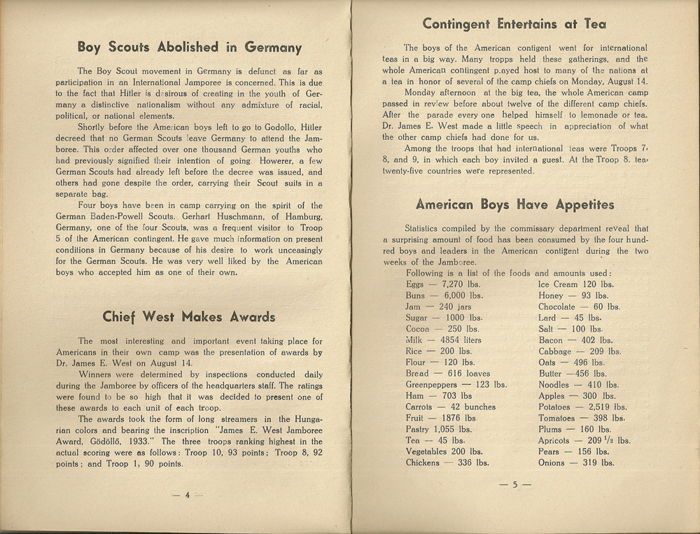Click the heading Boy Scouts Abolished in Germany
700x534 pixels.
tap(189, 48)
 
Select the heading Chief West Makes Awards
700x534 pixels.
tap(189, 316)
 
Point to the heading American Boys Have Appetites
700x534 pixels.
tap(514, 205)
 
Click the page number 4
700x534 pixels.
tap(188, 495)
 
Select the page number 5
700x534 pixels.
tap(514, 484)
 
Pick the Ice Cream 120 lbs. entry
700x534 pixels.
tap(575, 285)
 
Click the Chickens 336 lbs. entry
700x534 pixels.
tap(447, 463)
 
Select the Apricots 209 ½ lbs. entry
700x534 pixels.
tap(584, 440)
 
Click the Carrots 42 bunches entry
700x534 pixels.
tap(450, 407)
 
